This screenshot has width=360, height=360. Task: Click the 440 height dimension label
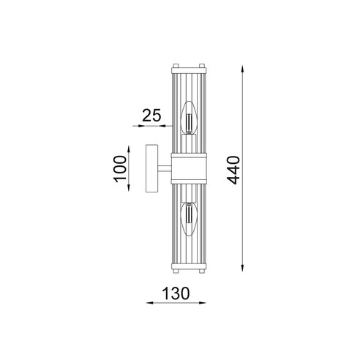[x=233, y=170]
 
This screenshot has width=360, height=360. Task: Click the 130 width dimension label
[x=176, y=293]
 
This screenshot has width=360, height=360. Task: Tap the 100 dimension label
[x=120, y=169]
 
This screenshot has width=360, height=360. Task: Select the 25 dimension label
[x=151, y=116]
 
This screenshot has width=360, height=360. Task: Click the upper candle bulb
[x=189, y=118]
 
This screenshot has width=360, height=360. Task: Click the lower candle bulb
[x=189, y=219]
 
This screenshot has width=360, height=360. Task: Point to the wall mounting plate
[x=151, y=168]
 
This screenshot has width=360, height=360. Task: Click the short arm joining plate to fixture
[x=165, y=168]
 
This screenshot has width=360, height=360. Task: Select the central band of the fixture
[x=189, y=168]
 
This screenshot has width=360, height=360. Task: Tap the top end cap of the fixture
[x=189, y=70]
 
